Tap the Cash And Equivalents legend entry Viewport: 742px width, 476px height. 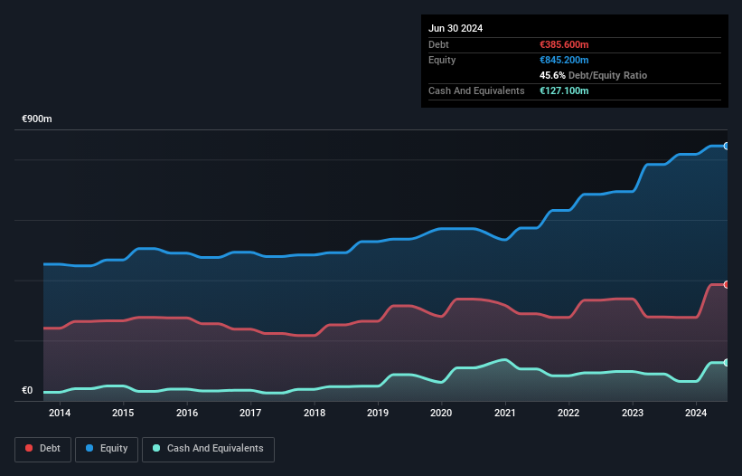(208, 448)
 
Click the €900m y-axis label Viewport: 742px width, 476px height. (37, 119)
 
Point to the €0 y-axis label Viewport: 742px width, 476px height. (27, 391)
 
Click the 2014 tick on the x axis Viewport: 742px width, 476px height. (60, 414)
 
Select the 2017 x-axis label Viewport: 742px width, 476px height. (250, 414)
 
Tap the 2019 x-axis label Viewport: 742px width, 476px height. (378, 414)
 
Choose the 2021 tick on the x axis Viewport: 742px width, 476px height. (505, 414)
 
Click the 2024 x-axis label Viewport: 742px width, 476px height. (696, 414)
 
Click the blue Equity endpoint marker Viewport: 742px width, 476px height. (727, 146)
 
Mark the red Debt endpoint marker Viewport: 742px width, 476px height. (727, 284)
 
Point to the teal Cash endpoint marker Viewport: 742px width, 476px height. (727, 363)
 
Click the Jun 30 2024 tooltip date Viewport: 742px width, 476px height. (456, 28)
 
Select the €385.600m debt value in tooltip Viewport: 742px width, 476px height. (564, 44)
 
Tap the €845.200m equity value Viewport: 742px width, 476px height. (564, 60)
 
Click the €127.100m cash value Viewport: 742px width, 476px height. (564, 91)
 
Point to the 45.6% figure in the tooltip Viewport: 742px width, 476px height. (552, 75)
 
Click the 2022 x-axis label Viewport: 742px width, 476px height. (568, 414)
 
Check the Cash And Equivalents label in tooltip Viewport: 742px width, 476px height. (476, 91)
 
